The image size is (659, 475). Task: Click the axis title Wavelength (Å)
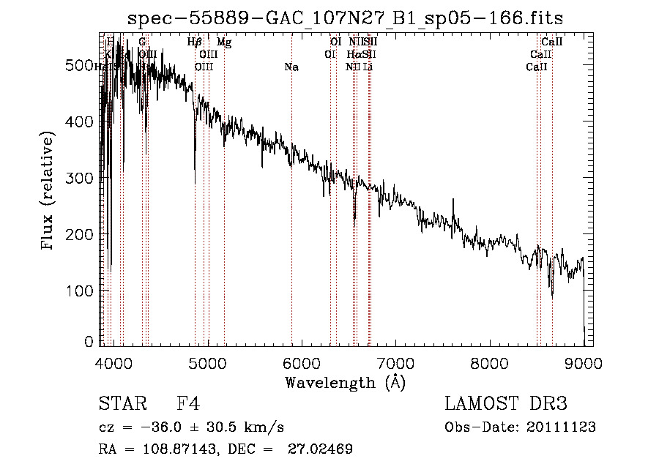click(345, 382)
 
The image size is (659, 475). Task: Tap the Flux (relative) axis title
click(49, 192)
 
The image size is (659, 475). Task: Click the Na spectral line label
click(291, 67)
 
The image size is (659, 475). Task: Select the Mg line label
click(224, 42)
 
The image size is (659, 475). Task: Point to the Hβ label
click(194, 42)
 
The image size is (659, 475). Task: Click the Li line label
click(368, 67)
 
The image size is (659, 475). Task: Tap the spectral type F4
click(188, 405)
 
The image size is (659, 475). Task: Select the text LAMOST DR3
click(505, 405)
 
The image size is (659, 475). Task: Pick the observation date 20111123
click(562, 427)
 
